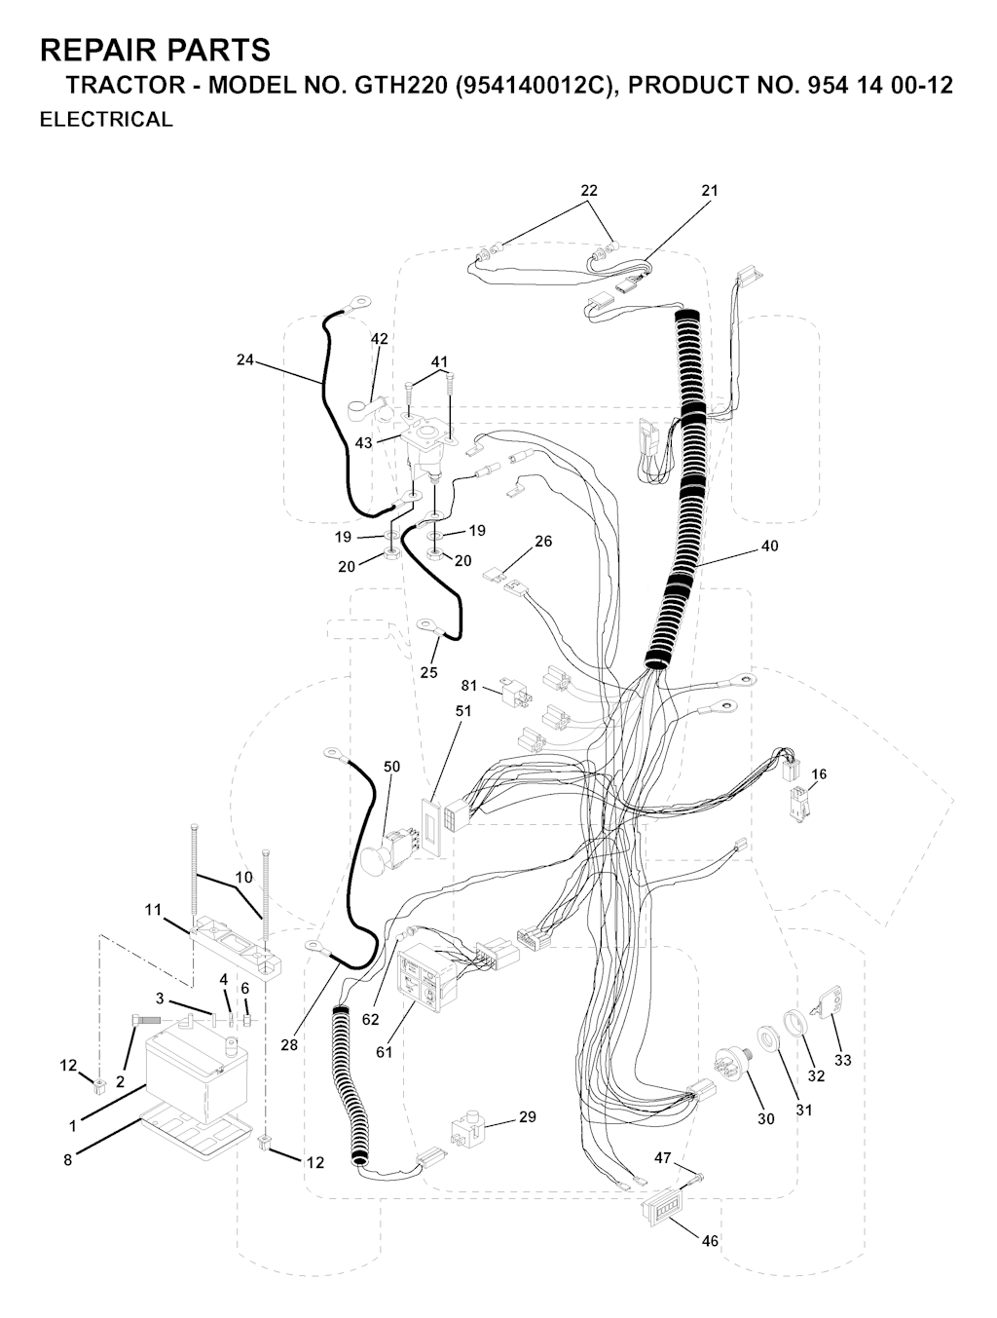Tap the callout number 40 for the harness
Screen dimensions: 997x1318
coord(769,546)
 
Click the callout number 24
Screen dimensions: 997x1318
coord(244,359)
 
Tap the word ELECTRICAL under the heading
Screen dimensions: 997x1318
coord(106,120)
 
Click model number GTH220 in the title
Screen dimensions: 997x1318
coord(401,85)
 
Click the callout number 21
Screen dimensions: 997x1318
coord(710,190)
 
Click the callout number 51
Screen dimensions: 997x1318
coord(463,710)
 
